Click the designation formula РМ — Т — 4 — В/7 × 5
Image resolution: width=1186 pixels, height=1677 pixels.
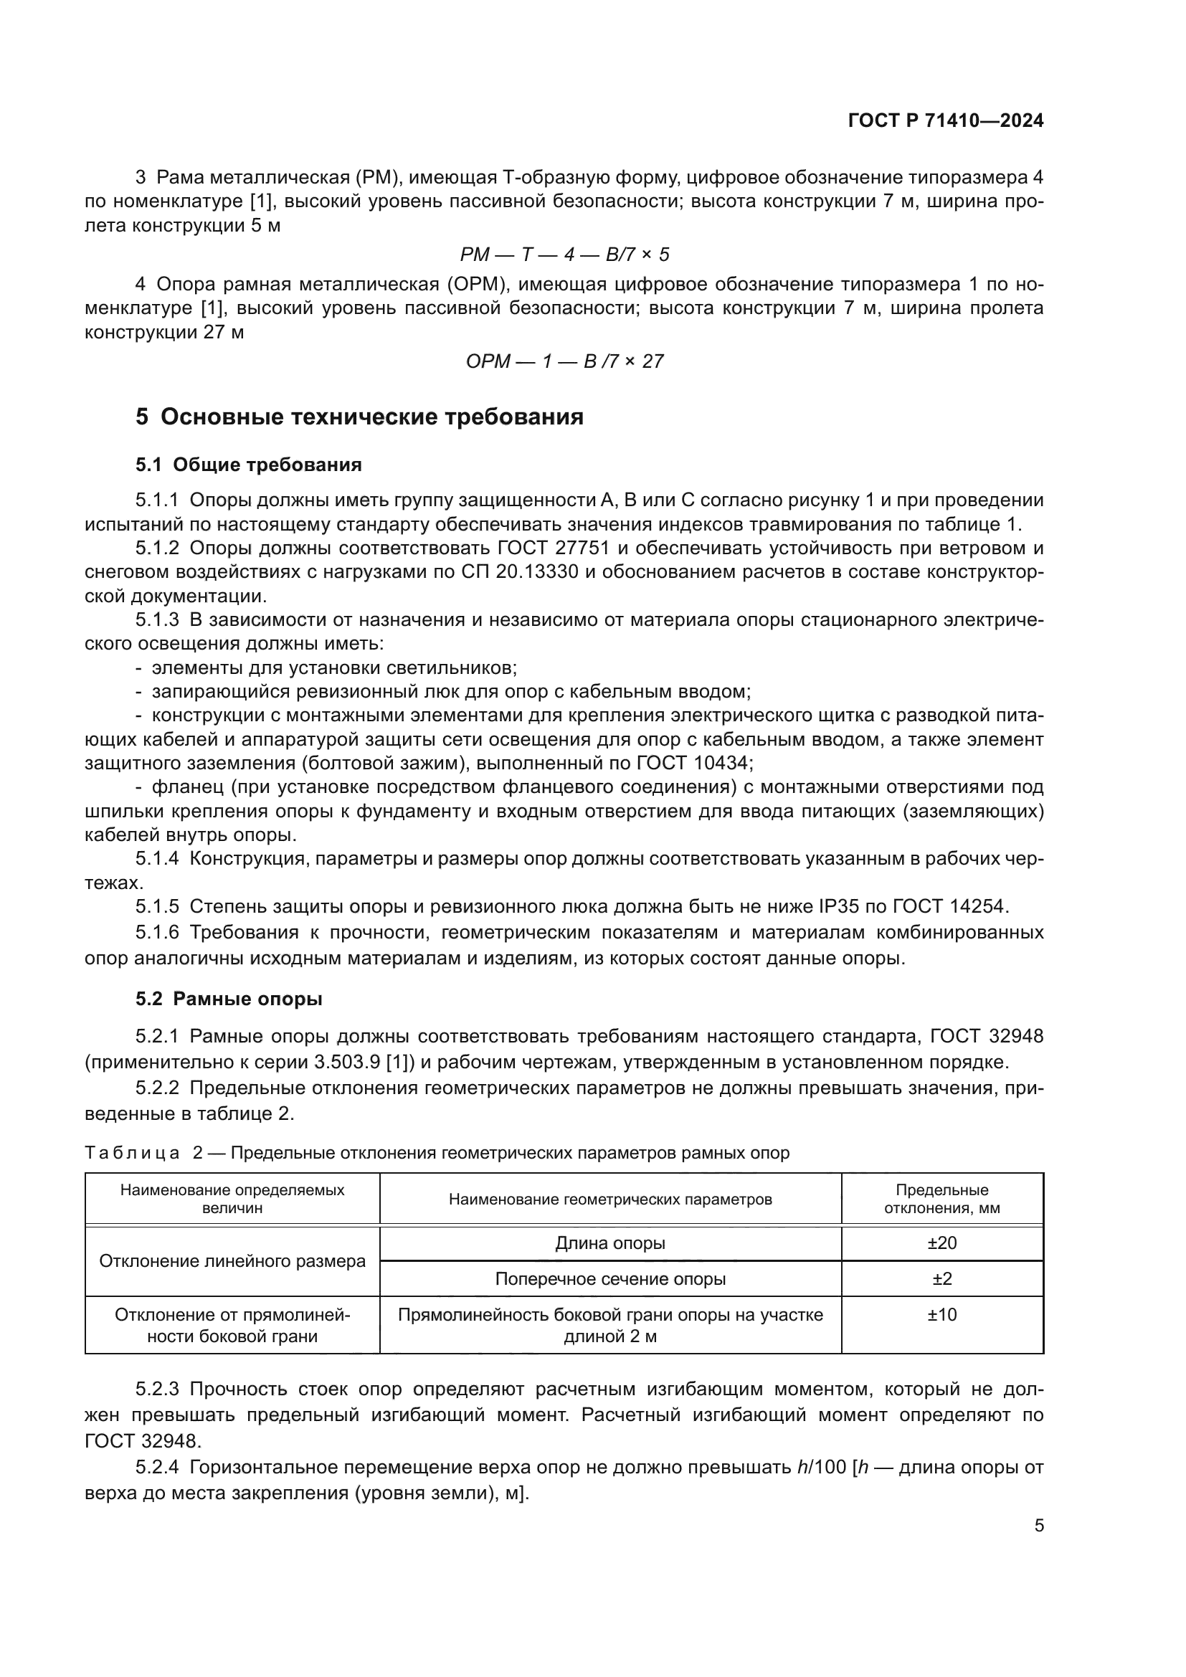[x=564, y=255]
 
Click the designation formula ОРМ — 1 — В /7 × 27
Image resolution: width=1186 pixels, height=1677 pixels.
[x=564, y=361]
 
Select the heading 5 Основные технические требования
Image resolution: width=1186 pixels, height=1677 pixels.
[x=359, y=417]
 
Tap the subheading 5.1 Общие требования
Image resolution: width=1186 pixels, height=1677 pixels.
[x=248, y=465]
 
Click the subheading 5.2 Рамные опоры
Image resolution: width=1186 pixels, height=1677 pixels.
[x=229, y=999]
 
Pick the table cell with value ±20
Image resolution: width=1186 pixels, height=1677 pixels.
[x=941, y=1243]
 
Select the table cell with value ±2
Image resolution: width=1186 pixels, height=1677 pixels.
[x=941, y=1279]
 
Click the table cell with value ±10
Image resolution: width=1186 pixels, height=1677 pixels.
[x=941, y=1315]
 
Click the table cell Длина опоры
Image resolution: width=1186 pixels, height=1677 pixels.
[x=609, y=1243]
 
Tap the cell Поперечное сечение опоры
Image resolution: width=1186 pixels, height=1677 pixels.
[x=609, y=1279]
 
